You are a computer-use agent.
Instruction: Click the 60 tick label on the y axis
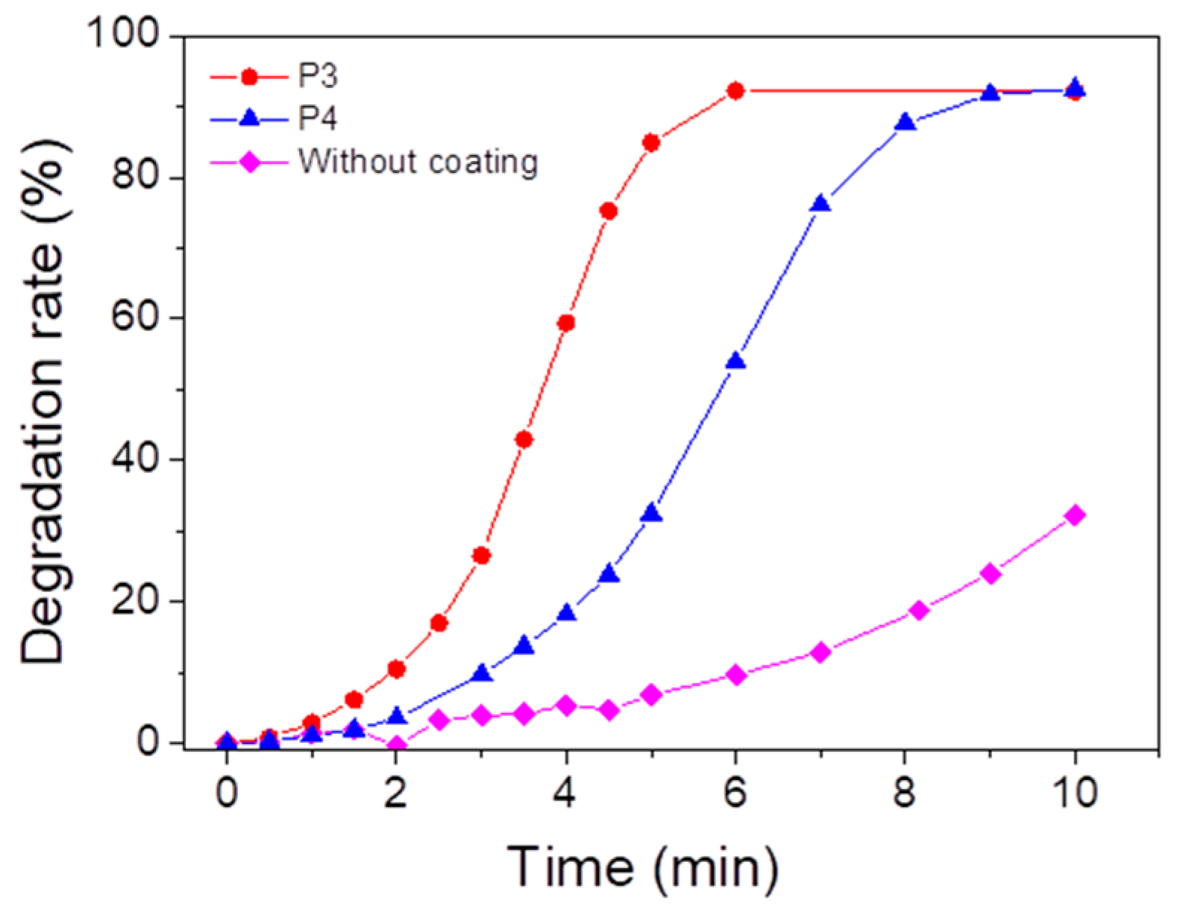click(134, 318)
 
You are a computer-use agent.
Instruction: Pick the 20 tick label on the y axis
click(134, 601)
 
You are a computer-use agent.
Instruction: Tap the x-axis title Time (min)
click(642, 867)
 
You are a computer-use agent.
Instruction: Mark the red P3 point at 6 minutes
click(735, 91)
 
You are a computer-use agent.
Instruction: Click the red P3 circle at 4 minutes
click(566, 323)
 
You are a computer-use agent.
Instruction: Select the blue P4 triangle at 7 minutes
click(820, 204)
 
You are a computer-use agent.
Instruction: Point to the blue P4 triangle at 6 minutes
click(735, 362)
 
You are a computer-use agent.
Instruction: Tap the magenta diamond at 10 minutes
click(1075, 515)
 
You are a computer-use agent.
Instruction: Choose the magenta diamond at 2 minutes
click(397, 745)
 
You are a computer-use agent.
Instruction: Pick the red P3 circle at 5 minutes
click(651, 142)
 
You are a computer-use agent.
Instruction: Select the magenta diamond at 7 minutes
click(820, 652)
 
